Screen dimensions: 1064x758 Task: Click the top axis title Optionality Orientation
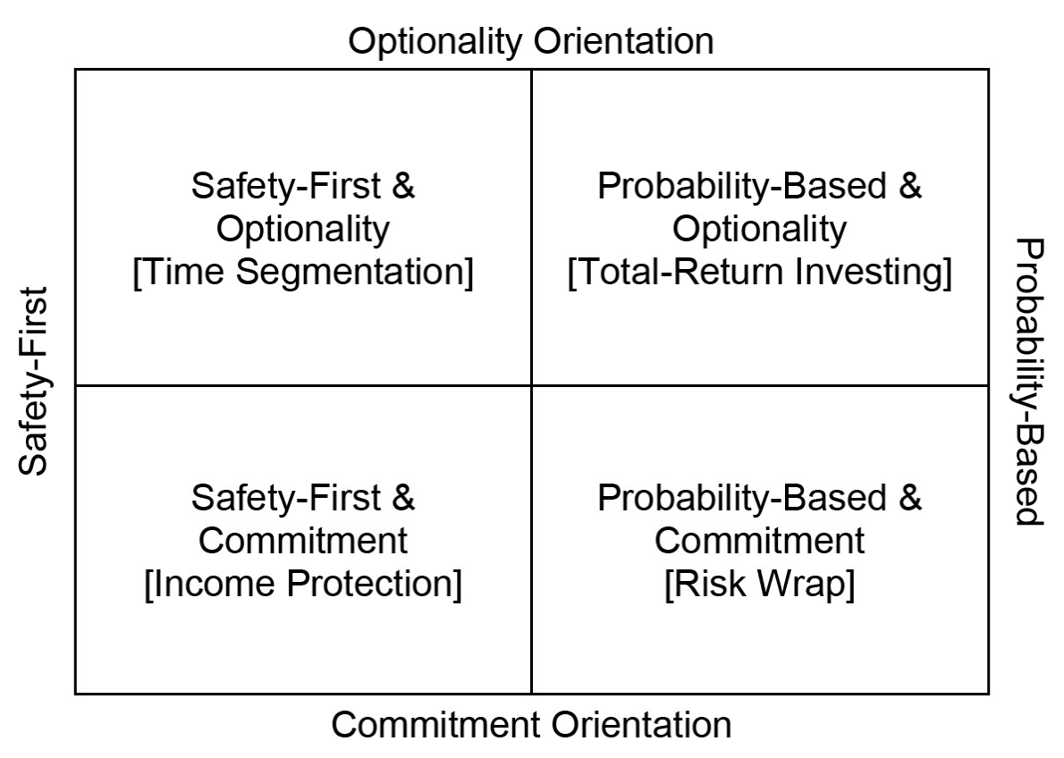(530, 41)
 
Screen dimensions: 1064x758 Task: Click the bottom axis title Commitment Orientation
(531, 724)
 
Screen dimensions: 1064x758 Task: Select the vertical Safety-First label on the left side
(32, 381)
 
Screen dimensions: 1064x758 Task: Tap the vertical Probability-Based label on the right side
(1029, 382)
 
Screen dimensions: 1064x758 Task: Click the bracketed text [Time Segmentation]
(303, 272)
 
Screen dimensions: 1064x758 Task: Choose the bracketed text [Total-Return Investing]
(759, 272)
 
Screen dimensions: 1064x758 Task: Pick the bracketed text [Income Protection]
(303, 584)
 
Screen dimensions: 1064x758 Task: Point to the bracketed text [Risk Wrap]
(759, 584)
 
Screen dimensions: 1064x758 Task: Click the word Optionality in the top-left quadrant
(303, 230)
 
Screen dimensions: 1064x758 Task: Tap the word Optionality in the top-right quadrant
(759, 230)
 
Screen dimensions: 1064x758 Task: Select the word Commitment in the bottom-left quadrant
(303, 541)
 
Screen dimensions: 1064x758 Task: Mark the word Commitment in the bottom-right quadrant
(759, 541)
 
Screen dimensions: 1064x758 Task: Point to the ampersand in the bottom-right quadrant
(910, 497)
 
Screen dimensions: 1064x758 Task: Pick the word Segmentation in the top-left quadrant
(354, 272)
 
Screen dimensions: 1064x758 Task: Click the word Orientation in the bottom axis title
(642, 724)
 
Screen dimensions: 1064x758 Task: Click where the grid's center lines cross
(531, 385)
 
